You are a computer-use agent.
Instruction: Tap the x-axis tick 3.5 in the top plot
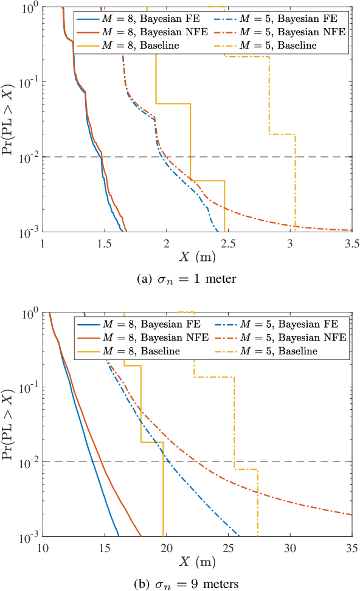click(351, 243)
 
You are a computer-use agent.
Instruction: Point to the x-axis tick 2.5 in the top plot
click(227, 243)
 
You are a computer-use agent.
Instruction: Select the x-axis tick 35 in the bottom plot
click(351, 548)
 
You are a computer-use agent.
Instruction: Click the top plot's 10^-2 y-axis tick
click(27, 157)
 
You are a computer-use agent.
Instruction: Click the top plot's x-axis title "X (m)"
click(197, 257)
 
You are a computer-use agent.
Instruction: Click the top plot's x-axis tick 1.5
click(104, 243)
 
